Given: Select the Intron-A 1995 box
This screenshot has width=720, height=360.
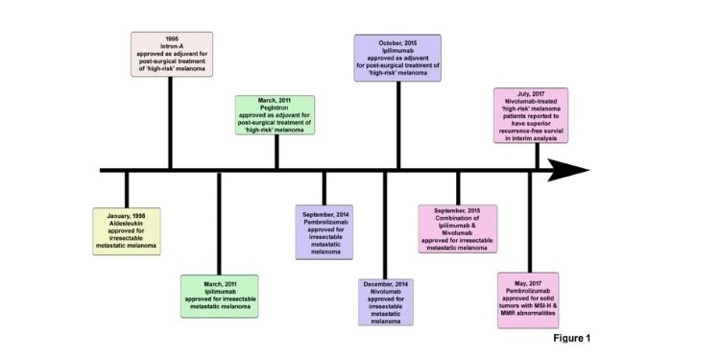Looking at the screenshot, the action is pos(171,54).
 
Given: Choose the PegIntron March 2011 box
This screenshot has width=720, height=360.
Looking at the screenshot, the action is pos(276,118).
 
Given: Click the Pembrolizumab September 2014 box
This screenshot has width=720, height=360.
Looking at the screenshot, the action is pos(324,231).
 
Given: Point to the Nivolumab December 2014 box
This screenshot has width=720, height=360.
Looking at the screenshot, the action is pos(386,302).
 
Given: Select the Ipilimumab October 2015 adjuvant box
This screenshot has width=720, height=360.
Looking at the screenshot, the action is pos(397,58).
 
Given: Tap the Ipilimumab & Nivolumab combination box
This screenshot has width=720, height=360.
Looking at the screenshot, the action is pos(458,228).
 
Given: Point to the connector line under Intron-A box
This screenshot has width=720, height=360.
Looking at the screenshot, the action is pos(171,123).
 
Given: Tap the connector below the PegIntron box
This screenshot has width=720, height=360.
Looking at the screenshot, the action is pos(276,154).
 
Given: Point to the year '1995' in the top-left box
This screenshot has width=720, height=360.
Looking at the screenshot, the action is pos(171,39).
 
